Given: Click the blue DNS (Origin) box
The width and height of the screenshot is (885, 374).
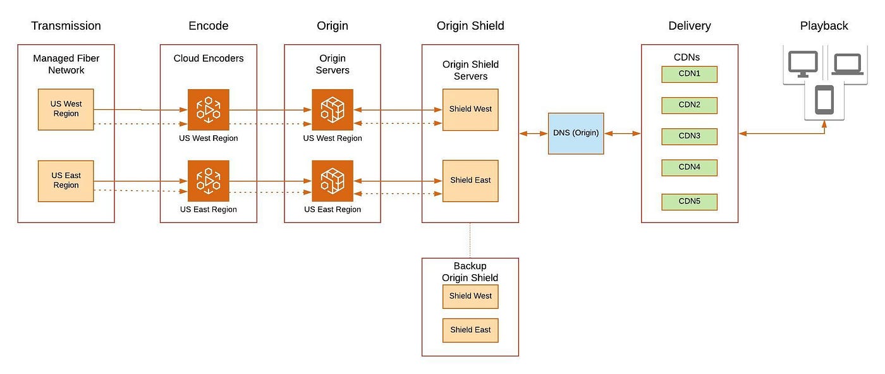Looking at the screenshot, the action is click(576, 133).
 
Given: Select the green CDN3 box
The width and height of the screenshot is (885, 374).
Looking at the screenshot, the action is click(690, 136).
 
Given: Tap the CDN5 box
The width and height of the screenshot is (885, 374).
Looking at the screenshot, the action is click(690, 202).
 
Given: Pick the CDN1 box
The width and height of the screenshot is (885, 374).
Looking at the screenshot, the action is click(690, 75).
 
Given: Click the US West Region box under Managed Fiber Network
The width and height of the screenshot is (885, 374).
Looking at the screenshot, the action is click(66, 109).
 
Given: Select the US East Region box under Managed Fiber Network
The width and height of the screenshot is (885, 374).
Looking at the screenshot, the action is click(66, 181).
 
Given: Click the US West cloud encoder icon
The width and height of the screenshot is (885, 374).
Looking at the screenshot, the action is click(208, 110).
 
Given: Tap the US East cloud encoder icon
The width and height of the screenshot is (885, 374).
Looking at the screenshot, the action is click(208, 181).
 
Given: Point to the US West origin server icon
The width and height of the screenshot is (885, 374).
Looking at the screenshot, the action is click(333, 110).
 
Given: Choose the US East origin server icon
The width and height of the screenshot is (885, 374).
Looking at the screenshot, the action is click(333, 181).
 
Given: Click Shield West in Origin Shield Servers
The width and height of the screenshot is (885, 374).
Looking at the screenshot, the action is click(470, 109).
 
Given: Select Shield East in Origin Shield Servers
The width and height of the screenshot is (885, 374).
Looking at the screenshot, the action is click(470, 181).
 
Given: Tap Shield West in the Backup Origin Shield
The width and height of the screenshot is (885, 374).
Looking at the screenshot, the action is click(470, 296).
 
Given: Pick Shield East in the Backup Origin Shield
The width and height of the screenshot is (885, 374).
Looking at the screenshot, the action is click(470, 330).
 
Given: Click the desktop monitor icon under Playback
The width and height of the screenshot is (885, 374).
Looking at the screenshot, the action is click(803, 64).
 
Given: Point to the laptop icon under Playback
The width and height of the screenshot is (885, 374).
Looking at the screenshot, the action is click(848, 64).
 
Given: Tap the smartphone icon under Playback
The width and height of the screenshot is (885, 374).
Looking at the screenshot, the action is click(824, 100).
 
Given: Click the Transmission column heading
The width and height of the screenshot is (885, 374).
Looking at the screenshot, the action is click(66, 26).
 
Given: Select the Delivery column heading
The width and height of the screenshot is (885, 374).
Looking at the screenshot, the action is click(690, 26).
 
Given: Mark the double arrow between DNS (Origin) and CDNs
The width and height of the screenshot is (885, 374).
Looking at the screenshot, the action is click(622, 133).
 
